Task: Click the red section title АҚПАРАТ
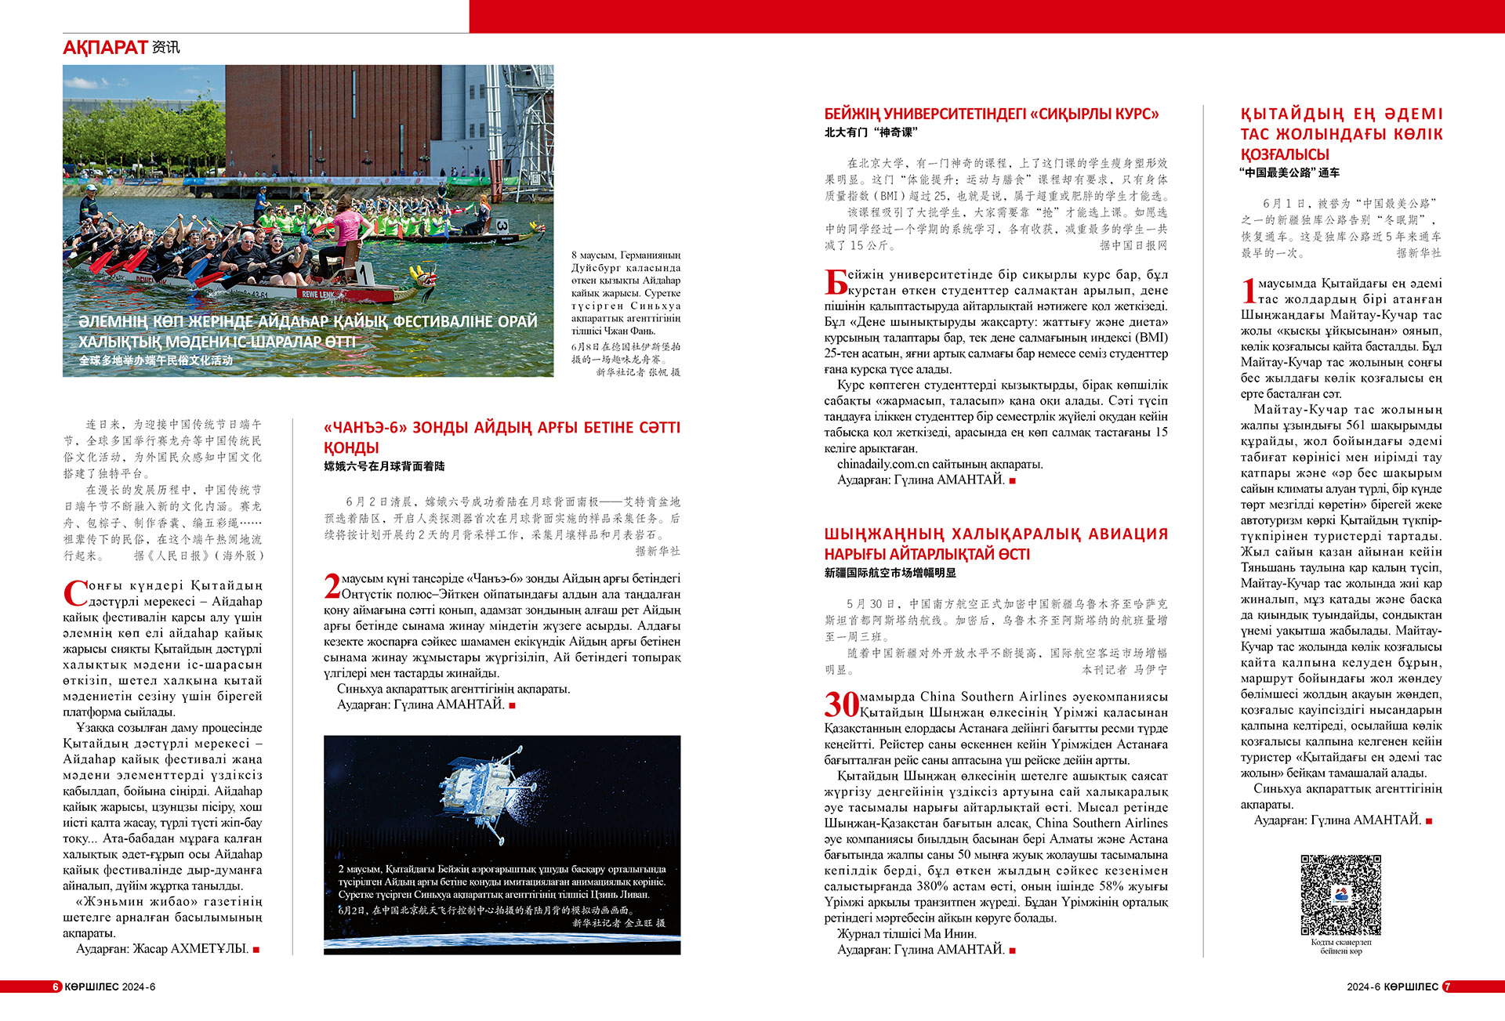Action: point(105,48)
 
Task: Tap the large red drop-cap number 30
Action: point(841,704)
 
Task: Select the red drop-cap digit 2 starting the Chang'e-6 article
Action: point(332,586)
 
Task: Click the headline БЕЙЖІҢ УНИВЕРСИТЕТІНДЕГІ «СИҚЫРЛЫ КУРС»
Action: point(991,114)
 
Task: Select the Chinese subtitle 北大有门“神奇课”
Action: point(870,132)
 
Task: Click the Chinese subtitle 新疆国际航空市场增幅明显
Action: point(890,573)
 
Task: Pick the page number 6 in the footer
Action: point(56,987)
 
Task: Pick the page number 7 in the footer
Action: point(1447,987)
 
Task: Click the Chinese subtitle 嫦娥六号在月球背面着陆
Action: point(384,466)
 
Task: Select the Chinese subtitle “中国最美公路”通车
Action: point(1289,172)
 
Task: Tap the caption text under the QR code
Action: point(1340,947)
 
